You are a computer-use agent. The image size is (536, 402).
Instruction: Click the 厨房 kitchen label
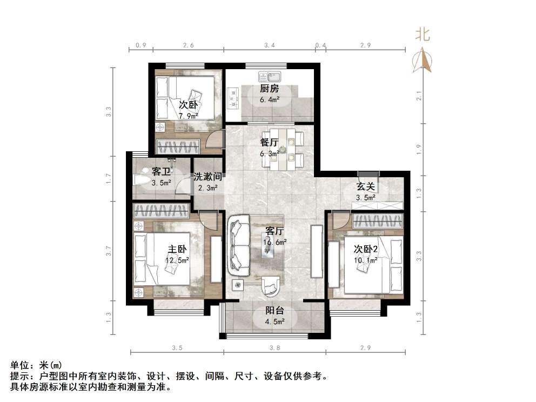coord(269,89)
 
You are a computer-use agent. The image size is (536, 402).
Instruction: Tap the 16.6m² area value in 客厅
coord(274,243)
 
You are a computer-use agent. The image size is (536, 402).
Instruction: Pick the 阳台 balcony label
coord(274,311)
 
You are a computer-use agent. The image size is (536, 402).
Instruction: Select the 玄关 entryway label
coord(366,187)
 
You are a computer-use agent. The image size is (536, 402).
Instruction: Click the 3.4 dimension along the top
coord(269,45)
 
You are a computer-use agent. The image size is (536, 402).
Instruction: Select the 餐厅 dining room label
coord(269,143)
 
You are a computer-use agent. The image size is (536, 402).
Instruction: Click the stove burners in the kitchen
coord(234,97)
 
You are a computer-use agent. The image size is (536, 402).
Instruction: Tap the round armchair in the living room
coord(270,286)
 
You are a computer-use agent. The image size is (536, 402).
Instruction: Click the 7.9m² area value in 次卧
coord(188,116)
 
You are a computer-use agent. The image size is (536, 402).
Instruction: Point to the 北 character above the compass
coord(422,35)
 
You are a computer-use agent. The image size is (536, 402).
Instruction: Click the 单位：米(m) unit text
coord(38,365)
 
